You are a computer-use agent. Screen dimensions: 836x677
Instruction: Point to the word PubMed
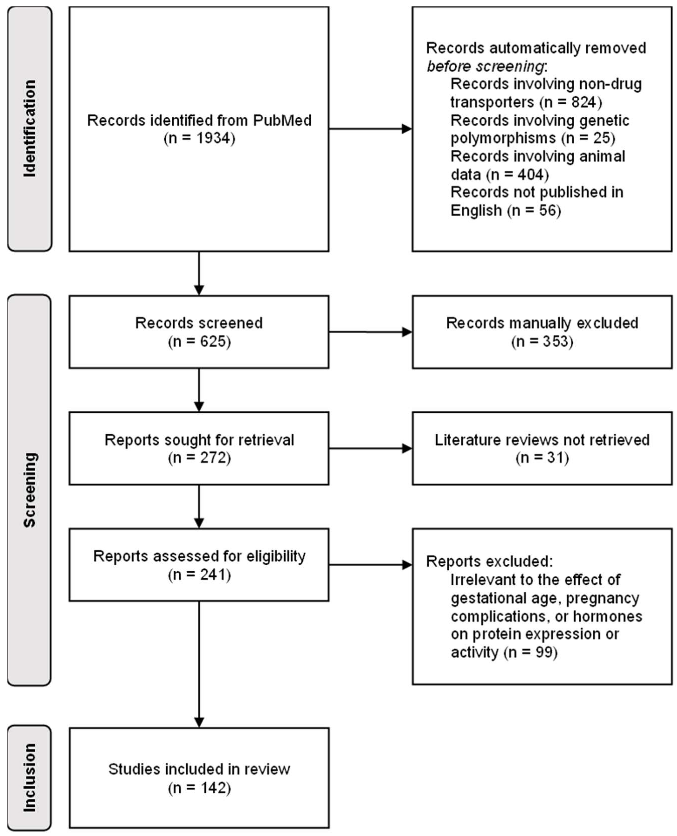point(282,120)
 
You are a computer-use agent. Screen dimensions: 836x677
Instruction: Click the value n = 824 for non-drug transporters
point(571,102)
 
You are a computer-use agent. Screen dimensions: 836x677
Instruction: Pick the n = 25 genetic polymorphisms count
point(588,138)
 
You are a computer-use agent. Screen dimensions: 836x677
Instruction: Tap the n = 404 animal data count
point(518,174)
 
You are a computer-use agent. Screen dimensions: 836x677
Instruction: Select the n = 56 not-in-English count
point(534,210)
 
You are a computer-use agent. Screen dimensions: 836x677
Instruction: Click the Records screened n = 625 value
point(199,341)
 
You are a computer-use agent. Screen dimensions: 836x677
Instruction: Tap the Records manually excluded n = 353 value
point(542,341)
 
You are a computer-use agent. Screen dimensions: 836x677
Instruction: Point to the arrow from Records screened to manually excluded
point(370,332)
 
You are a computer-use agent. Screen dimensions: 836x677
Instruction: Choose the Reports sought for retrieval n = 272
point(199,458)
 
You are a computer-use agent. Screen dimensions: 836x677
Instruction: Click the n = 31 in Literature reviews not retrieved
point(542,458)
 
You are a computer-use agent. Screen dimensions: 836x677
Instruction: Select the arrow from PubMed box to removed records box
point(370,129)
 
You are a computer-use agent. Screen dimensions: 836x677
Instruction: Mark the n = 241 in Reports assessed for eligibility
point(199,574)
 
